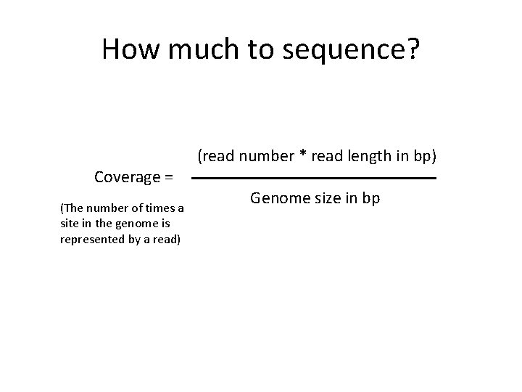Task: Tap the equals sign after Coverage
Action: [x=168, y=177]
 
